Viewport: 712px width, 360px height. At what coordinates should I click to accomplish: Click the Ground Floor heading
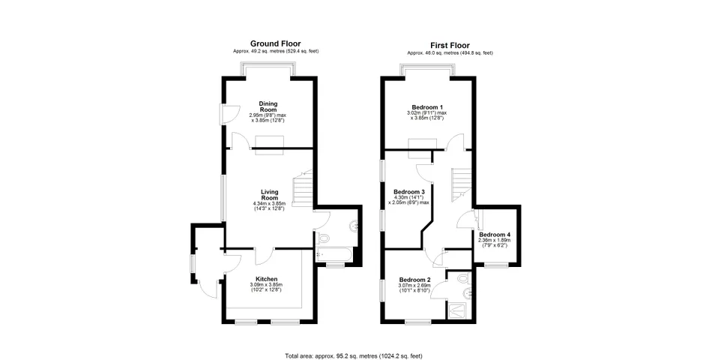276,43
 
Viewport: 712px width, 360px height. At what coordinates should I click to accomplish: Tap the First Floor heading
450,46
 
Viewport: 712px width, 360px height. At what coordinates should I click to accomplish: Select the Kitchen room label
266,279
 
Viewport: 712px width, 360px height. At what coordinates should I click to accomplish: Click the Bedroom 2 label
414,280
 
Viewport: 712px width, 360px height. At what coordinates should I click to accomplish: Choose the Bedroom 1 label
427,107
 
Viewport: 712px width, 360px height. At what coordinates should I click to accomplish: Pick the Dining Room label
268,106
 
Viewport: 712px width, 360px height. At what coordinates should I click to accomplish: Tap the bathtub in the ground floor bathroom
333,256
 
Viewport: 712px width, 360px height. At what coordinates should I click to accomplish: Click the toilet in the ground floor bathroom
323,238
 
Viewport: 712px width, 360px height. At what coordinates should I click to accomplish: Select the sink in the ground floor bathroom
355,224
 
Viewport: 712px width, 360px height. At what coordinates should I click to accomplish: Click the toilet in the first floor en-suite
462,277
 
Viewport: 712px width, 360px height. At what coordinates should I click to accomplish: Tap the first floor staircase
462,184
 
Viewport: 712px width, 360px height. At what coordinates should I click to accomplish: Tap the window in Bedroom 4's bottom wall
496,265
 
